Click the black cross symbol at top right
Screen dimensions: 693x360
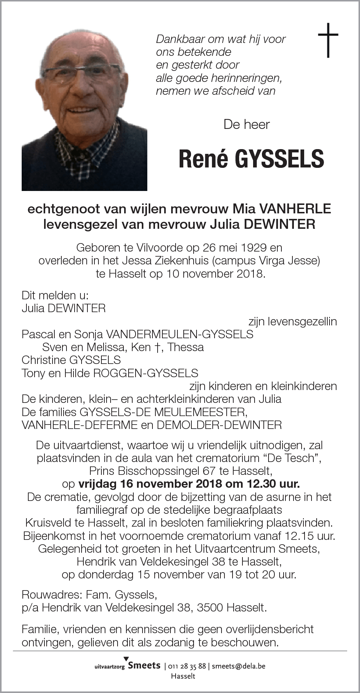tap(328, 40)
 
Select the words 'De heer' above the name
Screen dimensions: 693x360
tap(246, 124)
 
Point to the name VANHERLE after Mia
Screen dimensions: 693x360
tap(295, 209)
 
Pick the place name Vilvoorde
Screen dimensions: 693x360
tap(141, 248)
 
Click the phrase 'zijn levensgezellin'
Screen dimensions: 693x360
tap(292, 322)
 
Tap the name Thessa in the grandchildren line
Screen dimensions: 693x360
tap(186, 347)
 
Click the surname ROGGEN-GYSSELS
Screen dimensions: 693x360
tap(145, 373)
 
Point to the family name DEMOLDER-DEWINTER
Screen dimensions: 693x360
tap(219, 425)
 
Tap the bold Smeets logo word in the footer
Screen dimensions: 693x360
tap(144, 665)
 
